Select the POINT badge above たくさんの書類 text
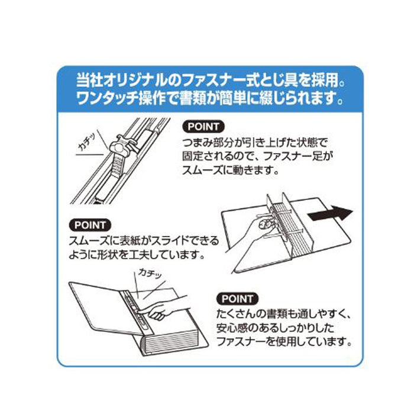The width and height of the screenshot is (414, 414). point(238,299)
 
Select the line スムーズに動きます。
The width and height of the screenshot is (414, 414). point(231,170)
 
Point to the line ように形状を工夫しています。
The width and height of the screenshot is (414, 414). point(137,255)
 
